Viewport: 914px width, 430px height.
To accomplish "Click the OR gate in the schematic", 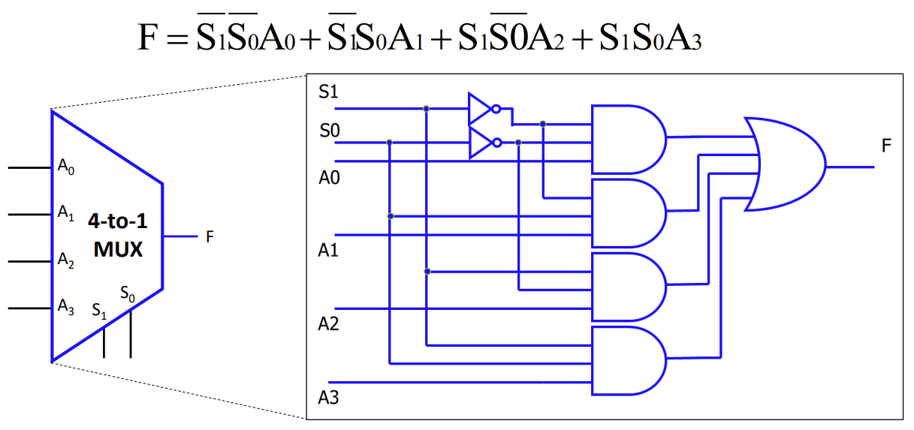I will pos(785,164).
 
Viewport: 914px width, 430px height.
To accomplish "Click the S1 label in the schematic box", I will pos(329,92).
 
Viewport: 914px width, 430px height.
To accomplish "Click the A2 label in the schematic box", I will pos(328,324).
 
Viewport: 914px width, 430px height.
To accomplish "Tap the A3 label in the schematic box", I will pos(328,397).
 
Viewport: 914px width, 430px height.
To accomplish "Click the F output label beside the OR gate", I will pos(886,146).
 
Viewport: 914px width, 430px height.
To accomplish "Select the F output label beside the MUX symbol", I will pos(210,237).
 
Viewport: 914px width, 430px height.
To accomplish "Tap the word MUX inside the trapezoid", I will pos(118,249).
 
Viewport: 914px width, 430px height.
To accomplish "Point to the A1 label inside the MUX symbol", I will pos(66,213).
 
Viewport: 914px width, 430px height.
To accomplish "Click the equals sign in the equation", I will pos(176,38).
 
